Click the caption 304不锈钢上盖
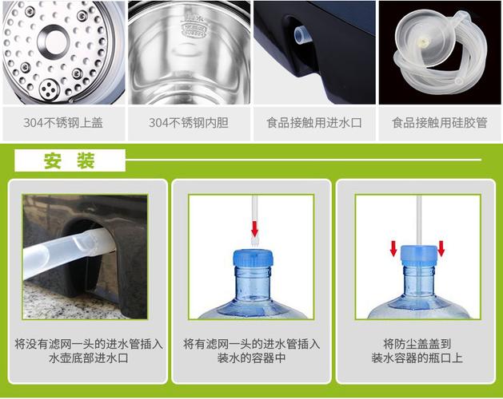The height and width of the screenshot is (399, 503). (x=62, y=124)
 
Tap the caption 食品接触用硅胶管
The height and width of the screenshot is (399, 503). (x=439, y=124)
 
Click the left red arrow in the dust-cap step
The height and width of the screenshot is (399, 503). (x=393, y=248)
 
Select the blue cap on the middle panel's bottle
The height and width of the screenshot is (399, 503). (x=254, y=259)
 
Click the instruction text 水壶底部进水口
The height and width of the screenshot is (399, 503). (x=89, y=359)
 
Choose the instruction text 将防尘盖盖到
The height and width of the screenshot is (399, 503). (x=416, y=344)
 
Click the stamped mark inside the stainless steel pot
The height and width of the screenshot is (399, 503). (x=189, y=30)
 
